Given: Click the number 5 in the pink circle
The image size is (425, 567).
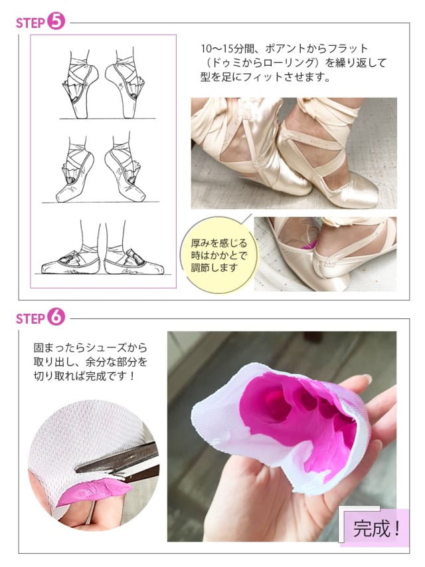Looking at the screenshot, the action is click(56, 21).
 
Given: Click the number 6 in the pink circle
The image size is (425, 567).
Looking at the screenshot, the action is click(56, 317).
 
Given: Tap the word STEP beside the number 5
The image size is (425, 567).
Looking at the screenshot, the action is click(30, 23).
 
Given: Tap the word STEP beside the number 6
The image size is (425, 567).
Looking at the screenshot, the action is click(30, 319).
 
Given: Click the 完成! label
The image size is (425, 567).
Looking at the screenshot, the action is click(377, 528).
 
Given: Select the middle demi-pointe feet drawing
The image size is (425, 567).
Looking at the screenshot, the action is click(101, 170).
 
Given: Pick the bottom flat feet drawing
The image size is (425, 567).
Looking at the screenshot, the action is click(102, 249).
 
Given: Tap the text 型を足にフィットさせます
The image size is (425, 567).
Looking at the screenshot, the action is click(266, 77).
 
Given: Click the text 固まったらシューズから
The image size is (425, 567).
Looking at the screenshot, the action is click(90, 348).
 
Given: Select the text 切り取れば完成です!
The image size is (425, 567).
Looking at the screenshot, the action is click(84, 376).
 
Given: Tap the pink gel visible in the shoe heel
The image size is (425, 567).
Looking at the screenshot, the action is click(309, 245).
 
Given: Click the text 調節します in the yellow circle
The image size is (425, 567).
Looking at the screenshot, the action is click(214, 268).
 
